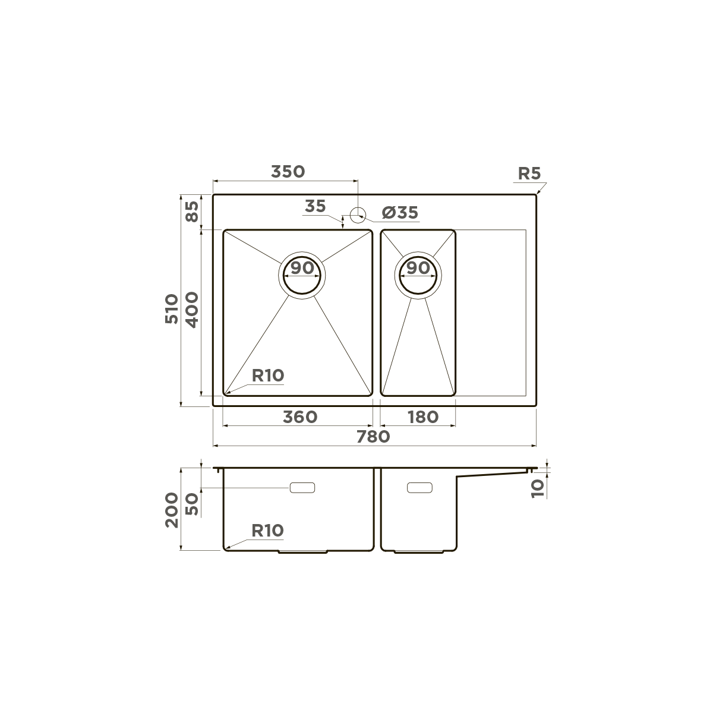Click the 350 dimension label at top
[x=288, y=172]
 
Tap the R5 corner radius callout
[x=529, y=174]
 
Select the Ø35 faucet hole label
[x=400, y=213]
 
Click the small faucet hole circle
[x=358, y=213]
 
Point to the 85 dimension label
[x=192, y=212]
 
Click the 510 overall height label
[x=171, y=308]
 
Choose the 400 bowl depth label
[x=192, y=309]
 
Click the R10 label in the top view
[x=268, y=376]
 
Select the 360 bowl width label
[x=299, y=417]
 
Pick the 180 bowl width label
[x=422, y=417]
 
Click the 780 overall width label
[x=373, y=437]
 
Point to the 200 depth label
[x=172, y=510]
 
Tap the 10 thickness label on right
[x=538, y=488]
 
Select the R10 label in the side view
[x=267, y=531]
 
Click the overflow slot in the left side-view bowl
[x=302, y=488]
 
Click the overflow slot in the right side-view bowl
[x=419, y=488]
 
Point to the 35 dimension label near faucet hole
[x=315, y=207]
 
